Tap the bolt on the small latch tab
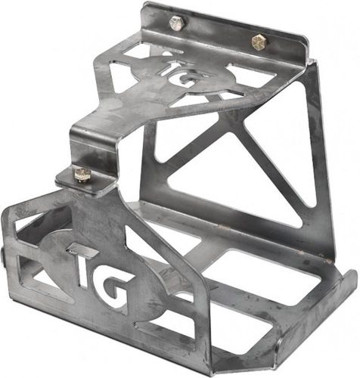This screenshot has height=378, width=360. tap(82, 175)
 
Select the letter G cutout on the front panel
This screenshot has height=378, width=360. tap(119, 295)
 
